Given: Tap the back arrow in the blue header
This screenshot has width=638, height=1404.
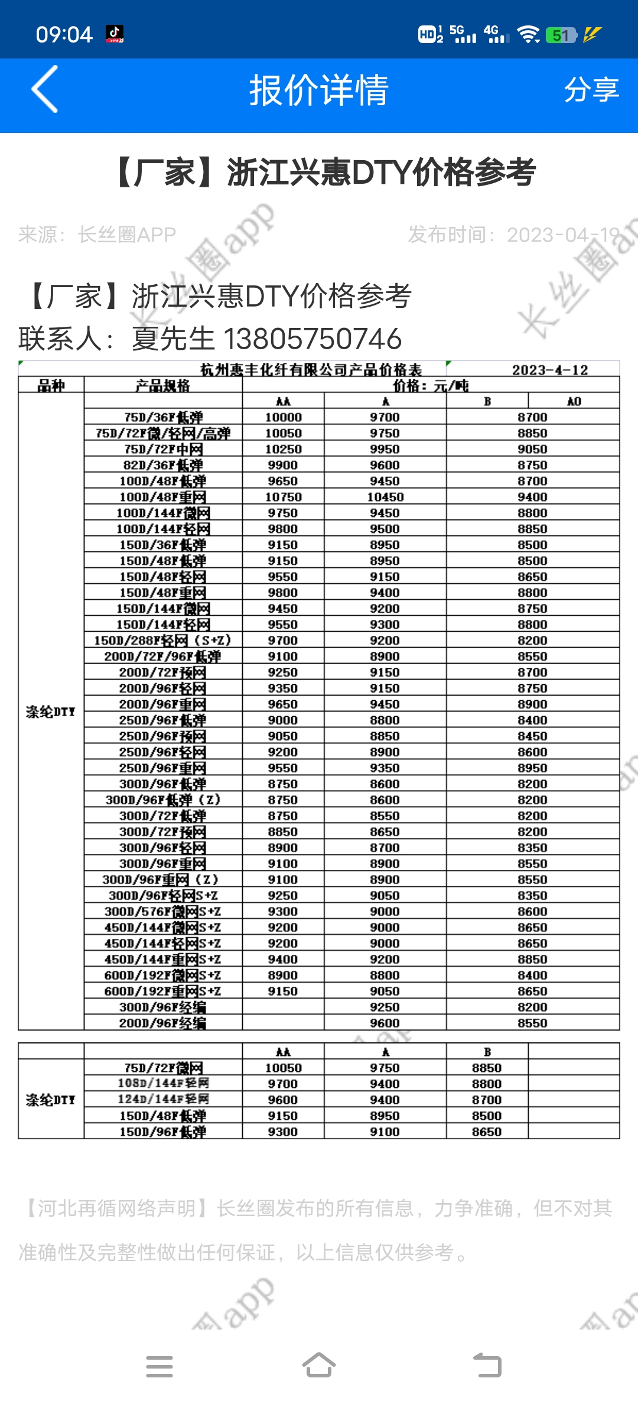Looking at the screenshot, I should click(45, 89).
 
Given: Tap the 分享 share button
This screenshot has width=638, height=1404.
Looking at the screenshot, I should click(591, 90).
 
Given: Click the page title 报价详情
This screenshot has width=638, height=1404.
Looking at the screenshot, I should click(318, 90).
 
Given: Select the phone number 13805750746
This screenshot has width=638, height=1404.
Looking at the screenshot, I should click(313, 339).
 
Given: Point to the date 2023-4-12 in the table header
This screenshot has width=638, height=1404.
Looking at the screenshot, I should click(549, 370).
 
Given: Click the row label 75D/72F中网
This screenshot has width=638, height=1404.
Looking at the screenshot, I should click(163, 449).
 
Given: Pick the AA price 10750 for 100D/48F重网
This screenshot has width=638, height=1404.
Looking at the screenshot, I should click(283, 497).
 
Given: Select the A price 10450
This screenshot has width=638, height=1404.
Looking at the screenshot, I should click(385, 497).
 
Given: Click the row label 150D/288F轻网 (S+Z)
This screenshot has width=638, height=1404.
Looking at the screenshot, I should click(163, 641).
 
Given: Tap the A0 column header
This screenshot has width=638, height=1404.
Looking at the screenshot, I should click(574, 401).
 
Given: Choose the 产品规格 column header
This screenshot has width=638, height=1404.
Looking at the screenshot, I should click(163, 386).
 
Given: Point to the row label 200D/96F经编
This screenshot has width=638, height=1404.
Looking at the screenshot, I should click(163, 1023).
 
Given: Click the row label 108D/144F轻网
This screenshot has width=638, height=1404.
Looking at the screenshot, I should click(163, 1083).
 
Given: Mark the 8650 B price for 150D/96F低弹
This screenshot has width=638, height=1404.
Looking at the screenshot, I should click(487, 1132).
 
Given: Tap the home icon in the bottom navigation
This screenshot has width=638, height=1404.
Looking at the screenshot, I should click(319, 1366).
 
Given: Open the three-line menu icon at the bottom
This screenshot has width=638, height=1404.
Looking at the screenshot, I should click(159, 1366).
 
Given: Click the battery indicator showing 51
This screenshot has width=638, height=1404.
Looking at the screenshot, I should click(561, 35).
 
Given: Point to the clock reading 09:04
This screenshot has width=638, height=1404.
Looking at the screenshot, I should click(64, 35).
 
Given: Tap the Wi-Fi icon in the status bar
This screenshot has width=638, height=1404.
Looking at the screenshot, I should click(528, 35).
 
